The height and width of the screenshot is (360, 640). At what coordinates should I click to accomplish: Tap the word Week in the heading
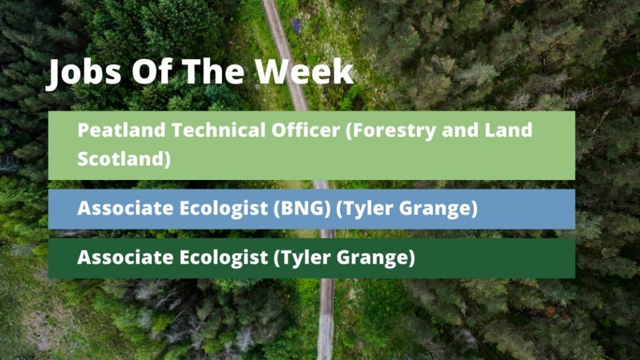pos(304,71)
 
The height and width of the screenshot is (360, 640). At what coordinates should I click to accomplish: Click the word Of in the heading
pos(151,71)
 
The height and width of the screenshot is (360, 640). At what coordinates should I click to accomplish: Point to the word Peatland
pos(121,131)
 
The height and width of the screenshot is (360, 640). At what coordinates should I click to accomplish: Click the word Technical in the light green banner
pos(218,131)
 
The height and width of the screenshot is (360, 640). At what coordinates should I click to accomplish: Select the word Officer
pos(306,131)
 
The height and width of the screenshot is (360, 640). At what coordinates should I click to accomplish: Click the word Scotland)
pos(124,159)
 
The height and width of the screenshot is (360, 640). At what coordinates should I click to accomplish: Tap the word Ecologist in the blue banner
pos(223,209)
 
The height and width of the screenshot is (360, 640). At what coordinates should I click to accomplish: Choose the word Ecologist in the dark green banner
pos(223,258)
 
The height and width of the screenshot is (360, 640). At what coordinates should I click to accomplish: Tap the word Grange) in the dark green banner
pos(376,258)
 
